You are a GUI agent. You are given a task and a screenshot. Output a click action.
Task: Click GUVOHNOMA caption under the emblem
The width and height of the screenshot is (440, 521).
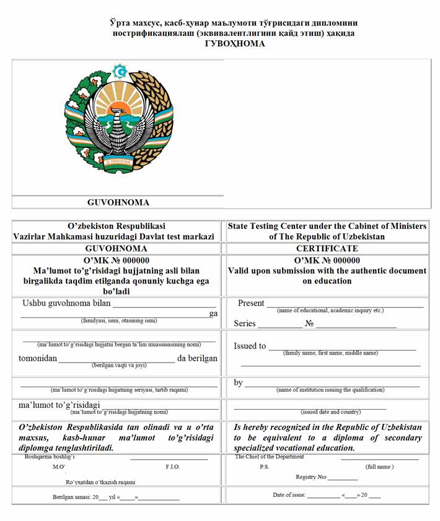click(118, 202)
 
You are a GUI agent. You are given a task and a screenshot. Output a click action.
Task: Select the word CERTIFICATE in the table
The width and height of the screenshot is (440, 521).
click(327, 248)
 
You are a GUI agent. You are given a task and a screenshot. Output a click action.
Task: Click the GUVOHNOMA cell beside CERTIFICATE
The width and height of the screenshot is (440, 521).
click(117, 248)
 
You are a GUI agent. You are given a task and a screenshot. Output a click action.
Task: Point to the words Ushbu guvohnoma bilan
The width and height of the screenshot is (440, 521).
click(65, 303)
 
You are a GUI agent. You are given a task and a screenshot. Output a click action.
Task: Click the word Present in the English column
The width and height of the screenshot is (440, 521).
click(251, 303)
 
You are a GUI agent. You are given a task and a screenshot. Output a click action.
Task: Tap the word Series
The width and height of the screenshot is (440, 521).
click(245, 324)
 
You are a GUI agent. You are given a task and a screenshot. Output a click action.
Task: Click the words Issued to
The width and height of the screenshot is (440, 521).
click(250, 346)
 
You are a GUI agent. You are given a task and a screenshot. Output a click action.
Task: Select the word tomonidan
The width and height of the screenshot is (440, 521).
click(38, 358)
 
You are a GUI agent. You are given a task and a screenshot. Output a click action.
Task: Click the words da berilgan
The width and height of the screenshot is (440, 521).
click(197, 358)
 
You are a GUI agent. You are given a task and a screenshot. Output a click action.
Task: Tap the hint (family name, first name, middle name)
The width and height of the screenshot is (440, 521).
click(330, 353)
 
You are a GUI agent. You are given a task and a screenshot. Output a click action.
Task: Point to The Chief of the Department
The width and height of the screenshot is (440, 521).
click(270, 457)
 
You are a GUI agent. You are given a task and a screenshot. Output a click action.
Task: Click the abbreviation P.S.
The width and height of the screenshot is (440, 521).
click(264, 467)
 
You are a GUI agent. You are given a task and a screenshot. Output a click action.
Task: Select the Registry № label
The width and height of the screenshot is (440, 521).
click(310, 477)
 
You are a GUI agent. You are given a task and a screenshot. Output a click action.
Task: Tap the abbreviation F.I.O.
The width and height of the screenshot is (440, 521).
click(172, 467)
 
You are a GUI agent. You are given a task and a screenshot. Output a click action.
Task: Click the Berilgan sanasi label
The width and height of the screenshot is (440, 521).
click(72, 497)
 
